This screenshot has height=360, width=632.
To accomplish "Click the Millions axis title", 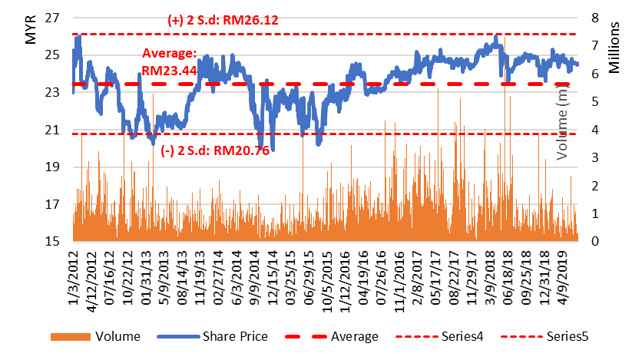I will coord(614,48).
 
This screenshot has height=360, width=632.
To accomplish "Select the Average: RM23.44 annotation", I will coord(170,61).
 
